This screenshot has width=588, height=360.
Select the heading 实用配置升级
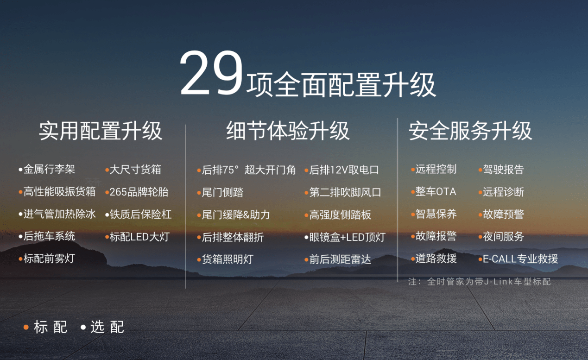[101, 131]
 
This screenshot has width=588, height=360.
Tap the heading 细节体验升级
[288, 131]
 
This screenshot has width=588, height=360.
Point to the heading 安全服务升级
[470, 131]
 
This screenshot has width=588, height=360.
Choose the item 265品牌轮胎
[139, 192]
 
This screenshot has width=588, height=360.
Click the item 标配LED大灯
[139, 237]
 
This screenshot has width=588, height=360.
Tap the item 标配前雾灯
[49, 259]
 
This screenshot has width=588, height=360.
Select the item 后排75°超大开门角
[248, 170]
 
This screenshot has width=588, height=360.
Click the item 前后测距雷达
[340, 259]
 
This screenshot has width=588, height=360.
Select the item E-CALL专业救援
[520, 259]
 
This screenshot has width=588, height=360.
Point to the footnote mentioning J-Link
[480, 282]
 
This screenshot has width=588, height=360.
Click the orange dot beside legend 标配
[26, 327]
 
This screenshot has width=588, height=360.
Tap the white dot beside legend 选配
[83, 327]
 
